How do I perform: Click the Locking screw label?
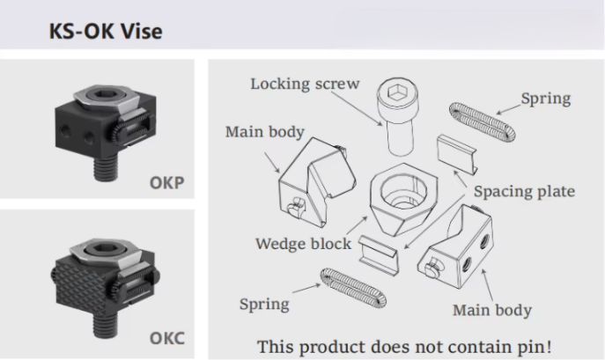[305, 84]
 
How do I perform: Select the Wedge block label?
[303, 243]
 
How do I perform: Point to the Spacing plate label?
[524, 191]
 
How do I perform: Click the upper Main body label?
[264, 132]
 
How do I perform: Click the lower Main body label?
[491, 310]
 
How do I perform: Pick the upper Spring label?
[544, 99]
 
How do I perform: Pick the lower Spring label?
[264, 304]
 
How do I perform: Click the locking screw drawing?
[395, 114]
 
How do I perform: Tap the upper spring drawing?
[476, 129]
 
